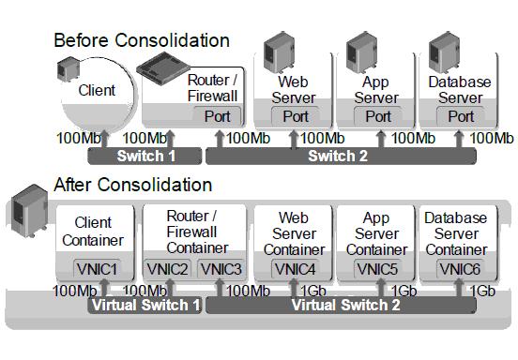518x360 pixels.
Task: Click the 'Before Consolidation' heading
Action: point(142,40)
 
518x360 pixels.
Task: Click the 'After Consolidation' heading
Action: point(133,185)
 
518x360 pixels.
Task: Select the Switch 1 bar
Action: point(145,156)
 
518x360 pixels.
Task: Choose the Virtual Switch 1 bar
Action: point(145,305)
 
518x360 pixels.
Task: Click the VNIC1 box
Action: point(98,269)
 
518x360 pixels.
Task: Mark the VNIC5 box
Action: point(378,269)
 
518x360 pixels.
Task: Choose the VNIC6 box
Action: point(461,269)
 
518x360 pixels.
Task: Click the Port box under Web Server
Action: point(295,116)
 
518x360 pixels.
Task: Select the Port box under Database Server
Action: point(461,116)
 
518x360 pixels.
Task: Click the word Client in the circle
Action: point(98,91)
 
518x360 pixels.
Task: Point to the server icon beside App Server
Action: point(360,52)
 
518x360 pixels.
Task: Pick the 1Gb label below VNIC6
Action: point(481,291)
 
